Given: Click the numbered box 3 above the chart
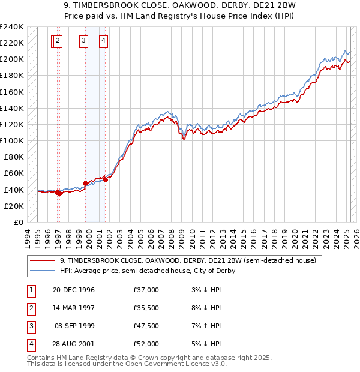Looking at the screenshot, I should pyautogui.click(x=83, y=41).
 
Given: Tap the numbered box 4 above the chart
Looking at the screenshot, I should pyautogui.click(x=104, y=41).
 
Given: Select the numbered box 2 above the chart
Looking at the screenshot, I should pyautogui.click(x=57, y=41).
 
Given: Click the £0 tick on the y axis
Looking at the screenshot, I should pyautogui.click(x=19, y=222).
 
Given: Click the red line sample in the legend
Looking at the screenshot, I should pyautogui.click(x=43, y=260).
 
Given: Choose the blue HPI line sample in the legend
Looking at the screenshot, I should pyautogui.click(x=43, y=271).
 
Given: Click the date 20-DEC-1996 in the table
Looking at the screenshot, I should pyautogui.click(x=74, y=290).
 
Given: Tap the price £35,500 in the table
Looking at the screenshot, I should pyautogui.click(x=146, y=308).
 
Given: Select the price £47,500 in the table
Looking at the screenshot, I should pyautogui.click(x=146, y=327).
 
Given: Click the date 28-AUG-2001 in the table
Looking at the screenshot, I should pyautogui.click(x=74, y=345).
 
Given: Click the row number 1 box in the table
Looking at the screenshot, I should pyautogui.click(x=30, y=290).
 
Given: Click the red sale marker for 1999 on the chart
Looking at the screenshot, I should pyautogui.click(x=85, y=183).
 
